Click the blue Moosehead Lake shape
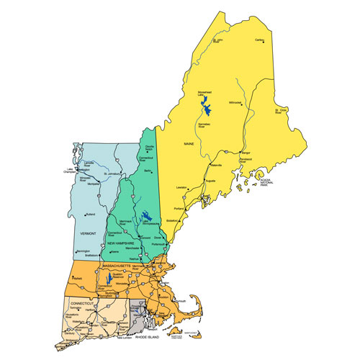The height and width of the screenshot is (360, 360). tap(205, 109)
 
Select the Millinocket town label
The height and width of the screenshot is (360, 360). tap(236, 102)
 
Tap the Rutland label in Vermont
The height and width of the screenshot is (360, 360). tap(91, 215)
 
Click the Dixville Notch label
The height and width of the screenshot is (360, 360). tap(149, 148)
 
